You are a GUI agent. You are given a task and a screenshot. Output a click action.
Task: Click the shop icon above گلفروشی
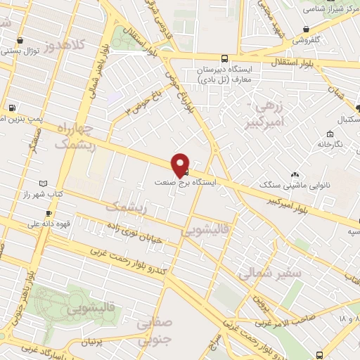point(306,29)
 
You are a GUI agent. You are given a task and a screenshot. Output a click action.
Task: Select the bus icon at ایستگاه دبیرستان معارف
point(224,59)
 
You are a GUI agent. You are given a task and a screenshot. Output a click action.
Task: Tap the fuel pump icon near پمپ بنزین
point(12,108)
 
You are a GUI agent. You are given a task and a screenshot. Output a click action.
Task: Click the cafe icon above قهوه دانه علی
point(48,213)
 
